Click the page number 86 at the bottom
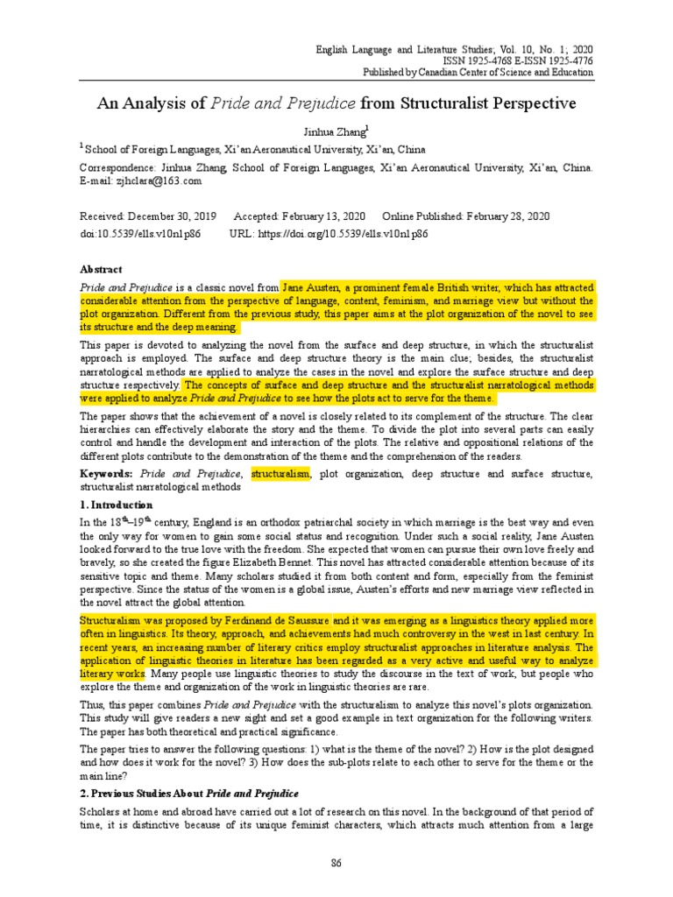(336, 863)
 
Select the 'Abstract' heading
(101, 269)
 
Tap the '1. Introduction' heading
(116, 505)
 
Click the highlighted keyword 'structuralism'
(281, 474)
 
